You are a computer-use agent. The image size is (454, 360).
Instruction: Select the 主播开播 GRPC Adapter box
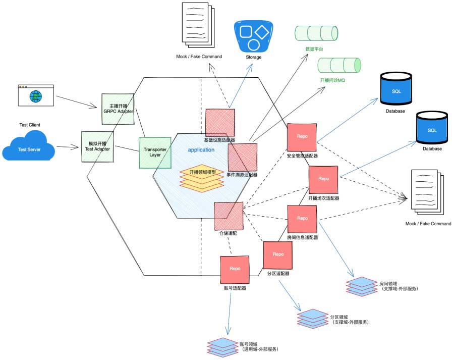[x=118, y=109]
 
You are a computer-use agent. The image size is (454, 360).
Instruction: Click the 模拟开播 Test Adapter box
[x=98, y=146]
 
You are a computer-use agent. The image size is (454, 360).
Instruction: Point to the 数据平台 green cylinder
[x=316, y=33]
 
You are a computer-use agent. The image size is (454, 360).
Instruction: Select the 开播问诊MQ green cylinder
[x=339, y=65]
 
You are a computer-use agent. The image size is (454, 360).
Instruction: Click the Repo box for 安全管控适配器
[x=302, y=137]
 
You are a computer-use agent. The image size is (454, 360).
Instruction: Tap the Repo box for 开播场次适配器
[x=323, y=179]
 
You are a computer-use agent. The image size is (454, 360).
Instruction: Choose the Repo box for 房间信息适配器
[x=302, y=219]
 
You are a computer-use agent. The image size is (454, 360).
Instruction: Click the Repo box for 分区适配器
[x=278, y=255]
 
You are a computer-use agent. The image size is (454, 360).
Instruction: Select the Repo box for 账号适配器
[x=235, y=270]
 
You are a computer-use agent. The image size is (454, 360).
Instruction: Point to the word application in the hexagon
[x=201, y=150]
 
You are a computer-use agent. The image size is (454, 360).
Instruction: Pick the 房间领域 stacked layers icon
[x=361, y=286]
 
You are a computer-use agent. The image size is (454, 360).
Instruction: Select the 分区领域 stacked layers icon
[x=313, y=318]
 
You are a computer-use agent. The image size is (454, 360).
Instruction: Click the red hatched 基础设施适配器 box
[x=220, y=123]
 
